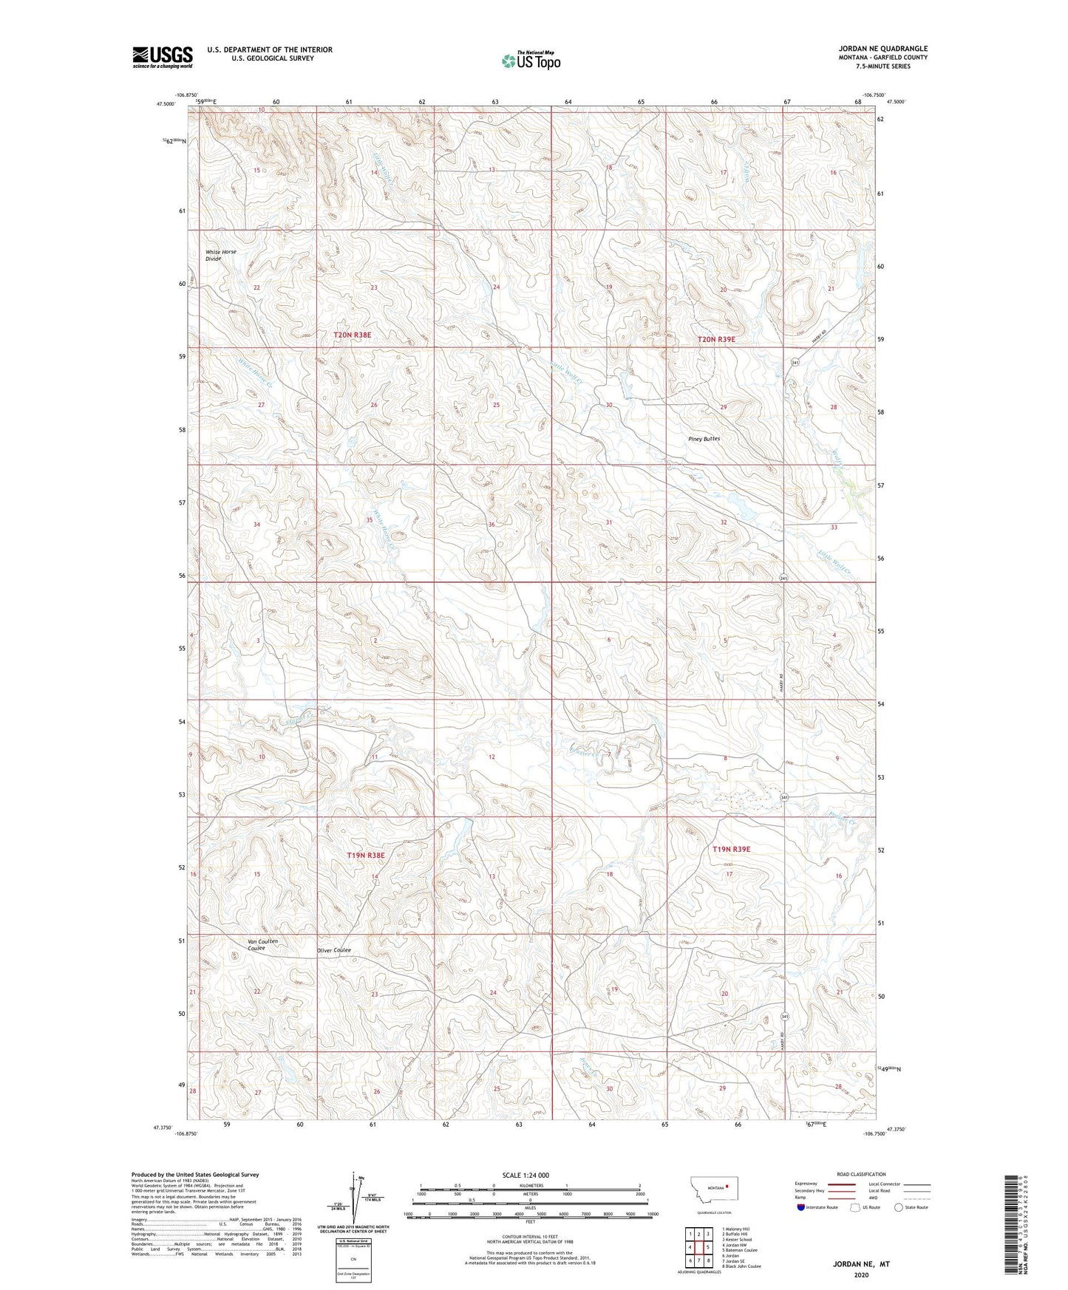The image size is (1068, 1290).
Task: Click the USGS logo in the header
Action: coord(163,57)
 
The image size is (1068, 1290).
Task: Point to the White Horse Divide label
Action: coord(220,255)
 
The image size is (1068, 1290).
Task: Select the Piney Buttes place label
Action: coord(704,439)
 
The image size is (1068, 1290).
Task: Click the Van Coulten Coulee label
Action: coord(262,944)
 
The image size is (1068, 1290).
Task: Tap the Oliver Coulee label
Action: coord(333,950)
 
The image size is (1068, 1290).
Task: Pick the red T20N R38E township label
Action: coord(352,335)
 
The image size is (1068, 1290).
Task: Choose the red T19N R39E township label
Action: coord(731,850)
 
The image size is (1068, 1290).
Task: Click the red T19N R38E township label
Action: coord(366,856)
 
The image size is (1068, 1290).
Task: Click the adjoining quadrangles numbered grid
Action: coord(698,1249)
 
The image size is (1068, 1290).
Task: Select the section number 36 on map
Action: coord(492,524)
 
